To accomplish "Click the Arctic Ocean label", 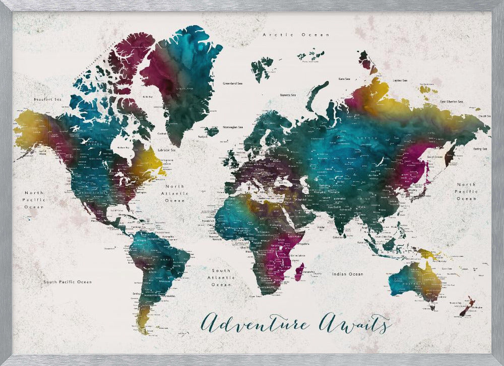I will [296, 35].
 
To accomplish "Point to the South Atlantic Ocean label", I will [221, 277].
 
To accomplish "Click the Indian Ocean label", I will [347, 274].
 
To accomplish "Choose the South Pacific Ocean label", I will [67, 282].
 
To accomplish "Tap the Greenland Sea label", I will [232, 83].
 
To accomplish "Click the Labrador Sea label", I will [166, 150].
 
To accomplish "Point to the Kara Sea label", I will [345, 79].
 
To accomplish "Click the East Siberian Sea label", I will [451, 102].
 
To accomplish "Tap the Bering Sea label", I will [480, 149].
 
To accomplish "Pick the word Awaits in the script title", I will [355, 323].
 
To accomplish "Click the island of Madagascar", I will [299, 272].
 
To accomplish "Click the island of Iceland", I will [212, 131].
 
